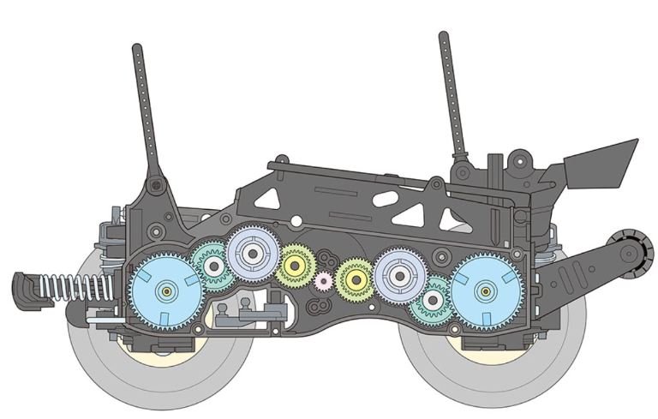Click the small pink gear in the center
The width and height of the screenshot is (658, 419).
[x=323, y=280]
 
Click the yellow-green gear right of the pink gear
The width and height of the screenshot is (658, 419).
[x=354, y=278]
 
